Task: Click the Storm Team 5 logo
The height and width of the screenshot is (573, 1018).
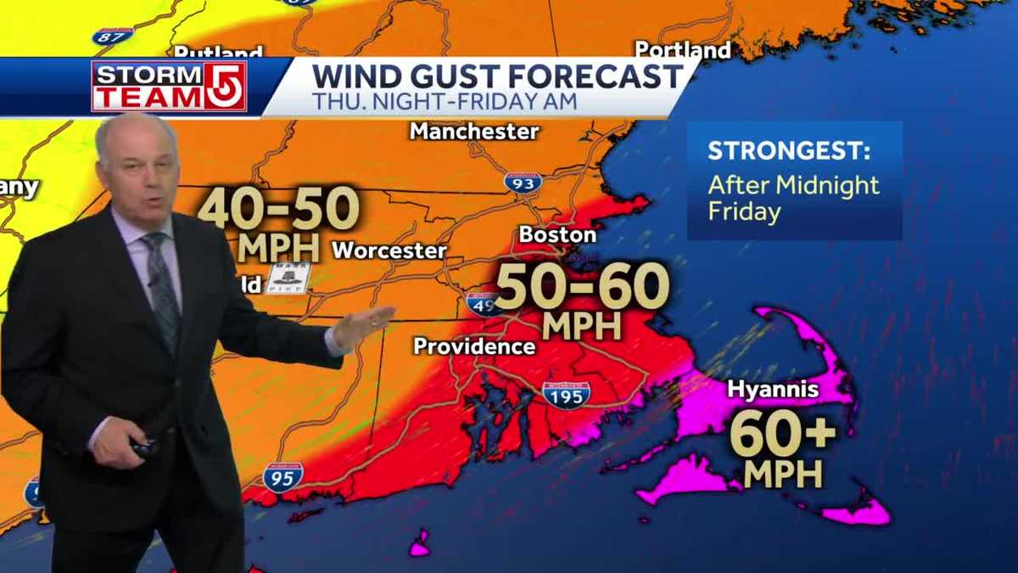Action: [x=169, y=86]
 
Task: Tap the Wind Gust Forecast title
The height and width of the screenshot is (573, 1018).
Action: [x=497, y=76]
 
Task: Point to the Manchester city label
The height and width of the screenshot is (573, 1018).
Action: [x=474, y=132]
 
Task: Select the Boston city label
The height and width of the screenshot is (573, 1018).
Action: [x=557, y=234]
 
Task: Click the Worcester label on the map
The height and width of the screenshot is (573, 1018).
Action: [x=389, y=251]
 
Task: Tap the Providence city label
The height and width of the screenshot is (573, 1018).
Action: [x=474, y=346]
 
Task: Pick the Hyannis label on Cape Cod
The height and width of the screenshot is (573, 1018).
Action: [x=773, y=390]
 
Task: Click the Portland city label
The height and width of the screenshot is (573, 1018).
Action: [x=682, y=50]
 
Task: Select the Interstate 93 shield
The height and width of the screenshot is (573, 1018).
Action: [x=523, y=182]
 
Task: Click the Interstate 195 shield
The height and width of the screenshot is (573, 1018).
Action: [x=566, y=394]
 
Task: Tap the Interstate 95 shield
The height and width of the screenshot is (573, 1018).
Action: [x=282, y=477]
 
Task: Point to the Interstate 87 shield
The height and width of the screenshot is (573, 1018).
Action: [x=113, y=37]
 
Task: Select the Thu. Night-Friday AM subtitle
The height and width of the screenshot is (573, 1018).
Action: [x=445, y=102]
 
